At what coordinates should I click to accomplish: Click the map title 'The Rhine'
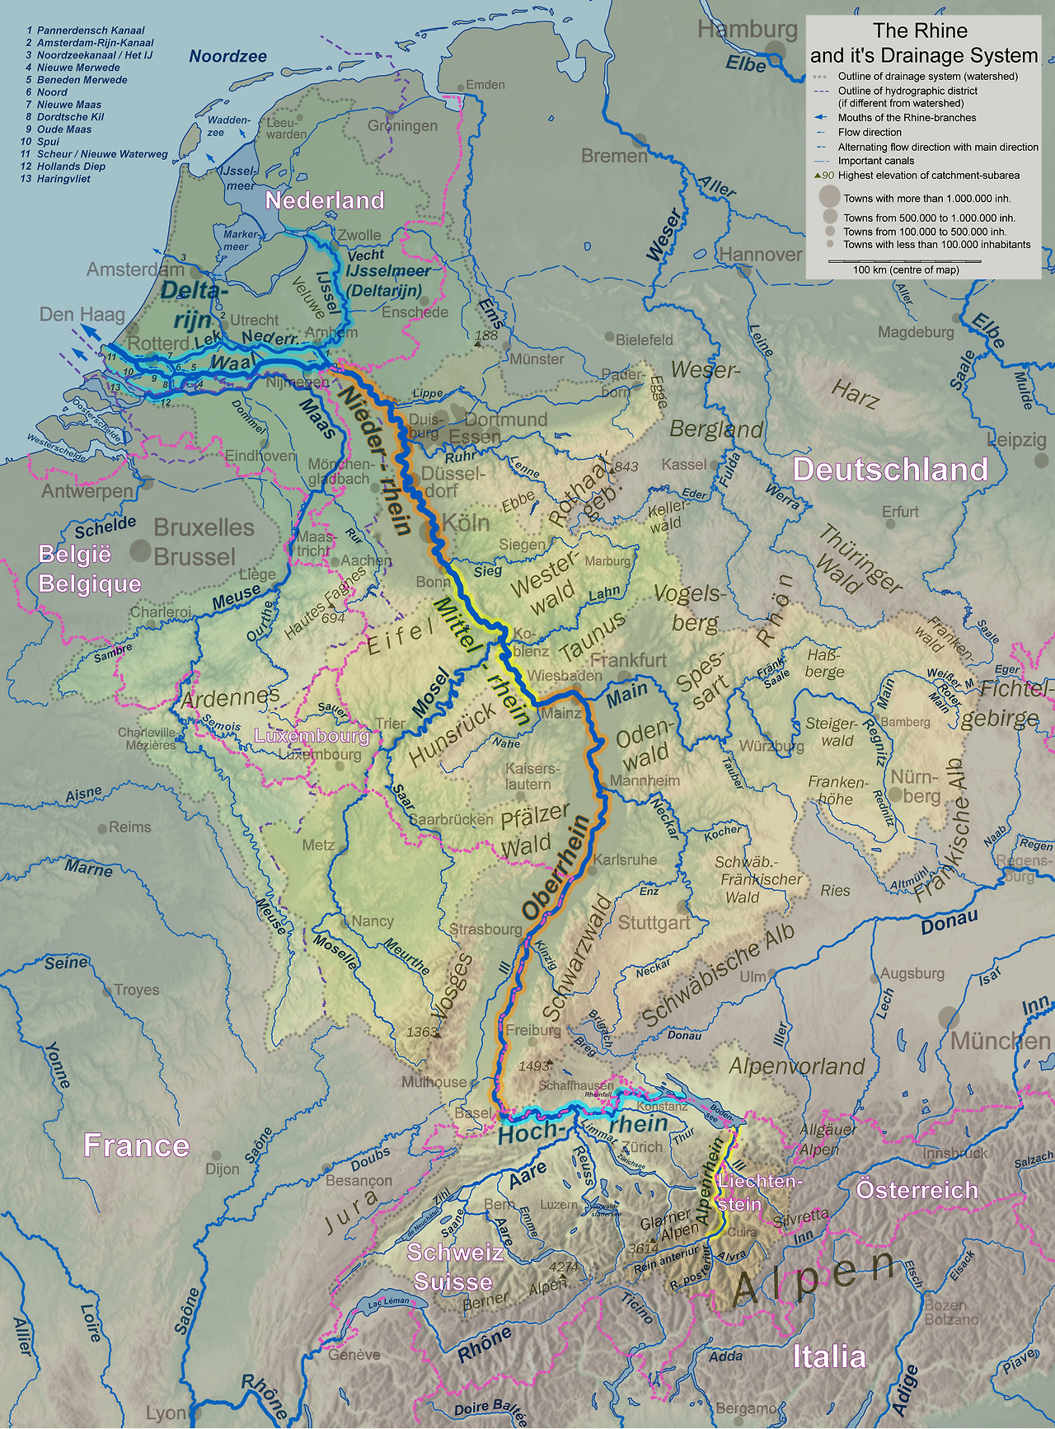920,31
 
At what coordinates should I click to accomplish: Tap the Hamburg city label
747,30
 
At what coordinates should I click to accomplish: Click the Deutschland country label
890,470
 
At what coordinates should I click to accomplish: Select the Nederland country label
325,200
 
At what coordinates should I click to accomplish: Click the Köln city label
466,523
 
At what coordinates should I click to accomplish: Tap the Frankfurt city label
628,660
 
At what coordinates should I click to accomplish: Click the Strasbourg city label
485,929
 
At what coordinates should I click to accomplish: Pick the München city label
1001,1041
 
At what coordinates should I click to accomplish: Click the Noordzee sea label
227,57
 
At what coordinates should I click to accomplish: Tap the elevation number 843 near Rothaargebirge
626,466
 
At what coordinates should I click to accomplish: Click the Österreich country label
917,1190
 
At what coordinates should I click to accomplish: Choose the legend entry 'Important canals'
875,161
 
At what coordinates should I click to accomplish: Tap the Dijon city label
223,1169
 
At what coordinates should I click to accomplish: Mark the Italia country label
829,1356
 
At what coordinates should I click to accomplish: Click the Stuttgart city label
654,922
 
